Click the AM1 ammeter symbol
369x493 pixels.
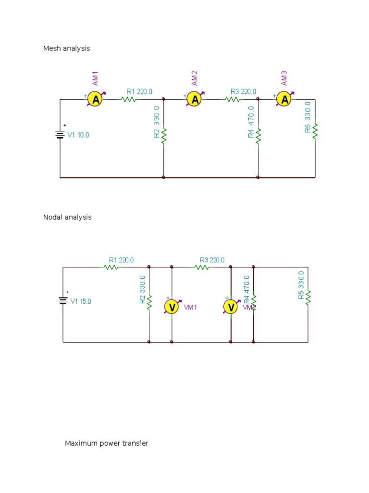(96, 100)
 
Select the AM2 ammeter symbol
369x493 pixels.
(195, 100)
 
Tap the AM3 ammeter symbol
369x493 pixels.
(285, 100)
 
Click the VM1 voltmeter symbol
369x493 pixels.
(172, 307)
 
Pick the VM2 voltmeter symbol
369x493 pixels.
(231, 307)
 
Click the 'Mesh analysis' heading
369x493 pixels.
(66, 49)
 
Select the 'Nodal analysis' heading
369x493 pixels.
(67, 217)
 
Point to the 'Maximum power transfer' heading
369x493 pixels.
(107, 443)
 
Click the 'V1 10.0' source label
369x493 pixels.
(78, 135)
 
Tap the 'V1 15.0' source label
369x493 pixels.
(81, 302)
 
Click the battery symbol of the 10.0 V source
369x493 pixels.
(60, 134)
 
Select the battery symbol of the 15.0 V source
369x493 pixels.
(63, 300)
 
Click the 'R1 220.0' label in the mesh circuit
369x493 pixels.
(139, 91)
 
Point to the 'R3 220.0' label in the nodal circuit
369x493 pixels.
(212, 260)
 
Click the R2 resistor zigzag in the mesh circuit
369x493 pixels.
(164, 135)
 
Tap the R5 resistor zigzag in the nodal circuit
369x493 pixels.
(308, 297)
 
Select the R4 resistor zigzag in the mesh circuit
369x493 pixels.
(258, 135)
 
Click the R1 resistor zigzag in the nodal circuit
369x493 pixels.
(111, 267)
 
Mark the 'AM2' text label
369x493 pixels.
(195, 78)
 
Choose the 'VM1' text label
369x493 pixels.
(190, 307)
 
